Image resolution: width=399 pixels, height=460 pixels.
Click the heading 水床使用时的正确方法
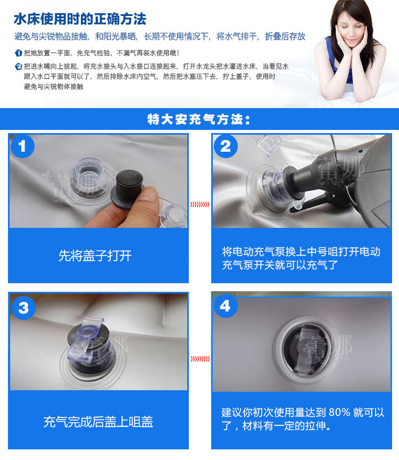[80, 19]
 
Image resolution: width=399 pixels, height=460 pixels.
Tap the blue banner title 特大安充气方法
[199, 119]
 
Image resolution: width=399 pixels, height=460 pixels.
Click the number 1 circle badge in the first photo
[22, 146]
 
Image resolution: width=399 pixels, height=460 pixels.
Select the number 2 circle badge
[225, 146]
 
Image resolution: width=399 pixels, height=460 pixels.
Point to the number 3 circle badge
[23, 308]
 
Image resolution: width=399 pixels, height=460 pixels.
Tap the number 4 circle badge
[225, 306]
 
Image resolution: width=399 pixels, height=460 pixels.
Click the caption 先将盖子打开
[95, 256]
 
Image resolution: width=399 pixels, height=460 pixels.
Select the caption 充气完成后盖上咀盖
[98, 422]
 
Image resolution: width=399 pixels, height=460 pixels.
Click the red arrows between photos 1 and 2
[199, 204]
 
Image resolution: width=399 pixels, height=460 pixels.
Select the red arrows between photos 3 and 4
[200, 358]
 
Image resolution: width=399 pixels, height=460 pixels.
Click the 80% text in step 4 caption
[339, 412]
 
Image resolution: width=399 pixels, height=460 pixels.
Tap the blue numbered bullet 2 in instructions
[19, 67]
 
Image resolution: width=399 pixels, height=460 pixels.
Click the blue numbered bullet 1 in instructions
[19, 53]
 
